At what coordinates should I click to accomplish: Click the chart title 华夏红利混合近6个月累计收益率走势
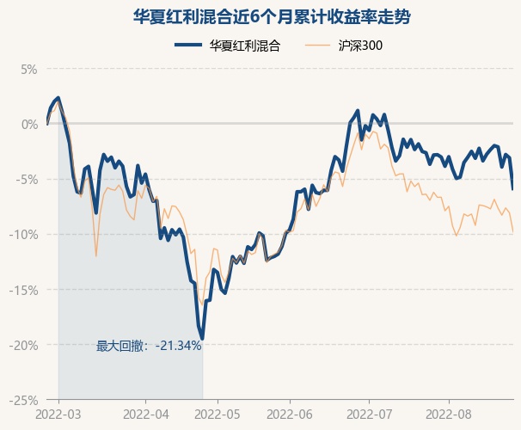[260, 16]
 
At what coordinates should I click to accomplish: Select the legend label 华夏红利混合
[245, 45]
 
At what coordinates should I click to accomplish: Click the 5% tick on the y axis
[29, 69]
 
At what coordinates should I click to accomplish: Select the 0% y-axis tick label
[29, 124]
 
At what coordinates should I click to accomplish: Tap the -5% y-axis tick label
[28, 179]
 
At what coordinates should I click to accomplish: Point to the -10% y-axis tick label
[25, 234]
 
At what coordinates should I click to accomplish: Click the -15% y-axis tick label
[25, 290]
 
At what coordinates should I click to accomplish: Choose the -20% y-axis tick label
[25, 345]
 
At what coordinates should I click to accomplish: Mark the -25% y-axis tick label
[25, 400]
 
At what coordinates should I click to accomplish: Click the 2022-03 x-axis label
[58, 415]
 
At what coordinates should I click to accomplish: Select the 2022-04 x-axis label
[147, 415]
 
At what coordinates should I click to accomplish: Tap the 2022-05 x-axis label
[218, 415]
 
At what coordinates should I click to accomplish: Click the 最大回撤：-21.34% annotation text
[149, 346]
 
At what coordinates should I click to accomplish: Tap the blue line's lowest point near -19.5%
[202, 339]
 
